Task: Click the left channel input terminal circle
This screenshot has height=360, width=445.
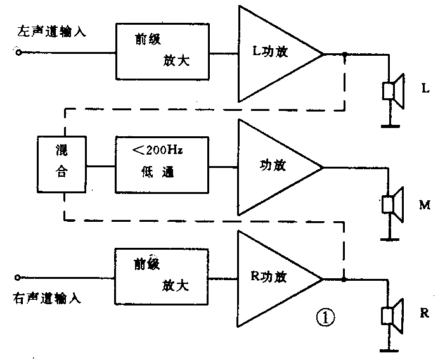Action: [x=20, y=54]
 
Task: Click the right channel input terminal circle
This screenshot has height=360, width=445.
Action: [x=20, y=278]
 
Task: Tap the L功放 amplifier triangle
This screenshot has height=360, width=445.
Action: [x=273, y=54]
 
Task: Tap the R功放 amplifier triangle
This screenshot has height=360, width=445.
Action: [x=273, y=278]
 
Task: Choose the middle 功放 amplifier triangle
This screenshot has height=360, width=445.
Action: [x=273, y=167]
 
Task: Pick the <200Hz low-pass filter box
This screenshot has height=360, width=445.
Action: [x=164, y=164]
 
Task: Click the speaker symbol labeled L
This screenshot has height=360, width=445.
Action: [x=393, y=91]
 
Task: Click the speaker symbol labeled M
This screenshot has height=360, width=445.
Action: [x=393, y=203]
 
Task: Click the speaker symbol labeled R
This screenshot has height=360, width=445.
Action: [x=393, y=315]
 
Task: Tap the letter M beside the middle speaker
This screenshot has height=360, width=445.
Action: [x=425, y=205]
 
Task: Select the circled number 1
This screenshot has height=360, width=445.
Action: [x=323, y=316]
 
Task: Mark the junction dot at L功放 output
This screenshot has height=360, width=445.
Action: [x=344, y=55]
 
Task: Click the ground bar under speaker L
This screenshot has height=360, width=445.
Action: [x=390, y=125]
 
